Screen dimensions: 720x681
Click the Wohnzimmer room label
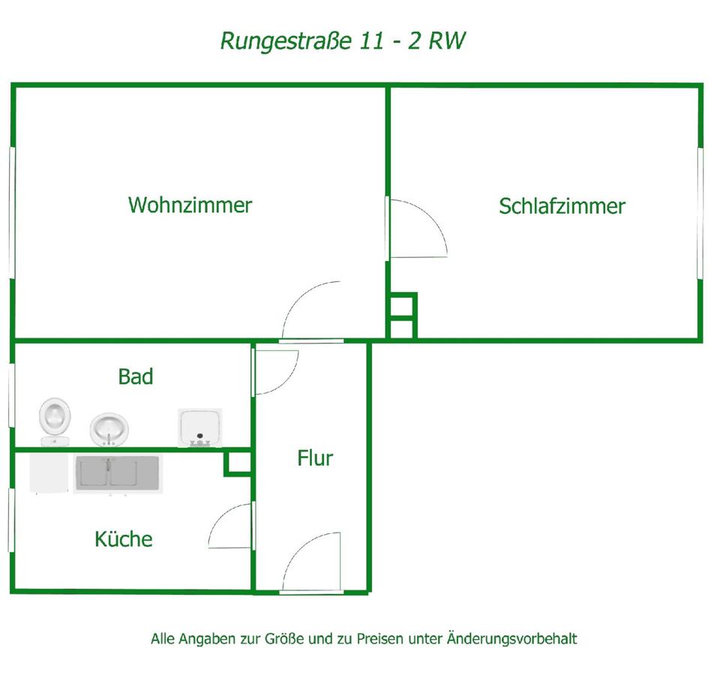point(190,205)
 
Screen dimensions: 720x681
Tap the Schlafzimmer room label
point(562,206)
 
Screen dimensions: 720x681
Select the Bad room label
point(136,376)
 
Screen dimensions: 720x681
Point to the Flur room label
point(315,457)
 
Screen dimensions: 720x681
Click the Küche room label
point(124,538)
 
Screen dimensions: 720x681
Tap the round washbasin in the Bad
point(109,429)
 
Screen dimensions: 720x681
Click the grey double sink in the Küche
point(116,474)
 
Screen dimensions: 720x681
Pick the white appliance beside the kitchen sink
point(49,473)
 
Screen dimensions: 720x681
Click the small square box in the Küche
point(238,463)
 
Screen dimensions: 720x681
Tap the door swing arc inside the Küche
point(232,525)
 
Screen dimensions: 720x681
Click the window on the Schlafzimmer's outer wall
point(700,214)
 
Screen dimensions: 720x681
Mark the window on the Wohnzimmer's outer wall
point(13,214)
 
